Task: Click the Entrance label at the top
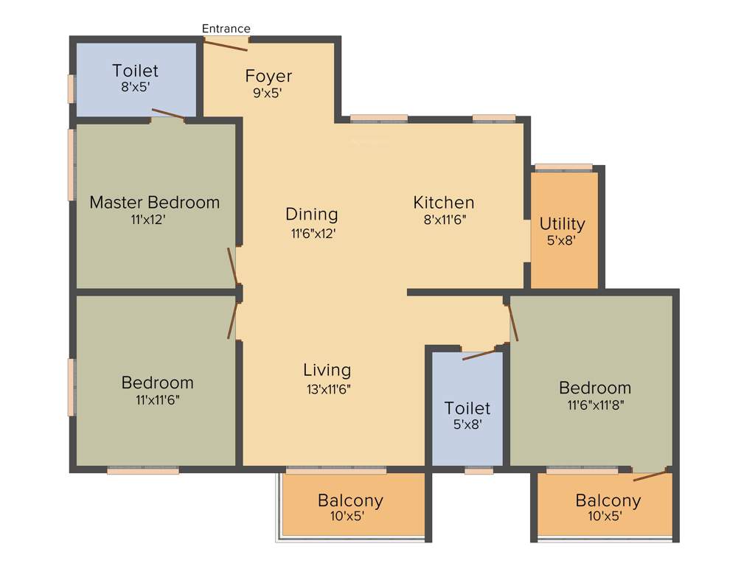[x=226, y=29]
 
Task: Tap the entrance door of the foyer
[x=226, y=44]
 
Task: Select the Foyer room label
[x=268, y=76]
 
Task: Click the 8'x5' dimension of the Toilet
[x=135, y=85]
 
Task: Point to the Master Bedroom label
[x=154, y=202]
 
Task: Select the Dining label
[x=311, y=214]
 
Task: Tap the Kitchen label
[x=443, y=202]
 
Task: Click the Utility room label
[x=562, y=223]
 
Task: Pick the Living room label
[x=327, y=370]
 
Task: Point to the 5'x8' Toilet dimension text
[x=467, y=424]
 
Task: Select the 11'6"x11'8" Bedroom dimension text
[x=595, y=405]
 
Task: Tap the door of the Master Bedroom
[x=232, y=266]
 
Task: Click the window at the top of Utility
[x=563, y=167]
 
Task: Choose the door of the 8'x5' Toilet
[x=168, y=113]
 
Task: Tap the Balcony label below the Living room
[x=350, y=501]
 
